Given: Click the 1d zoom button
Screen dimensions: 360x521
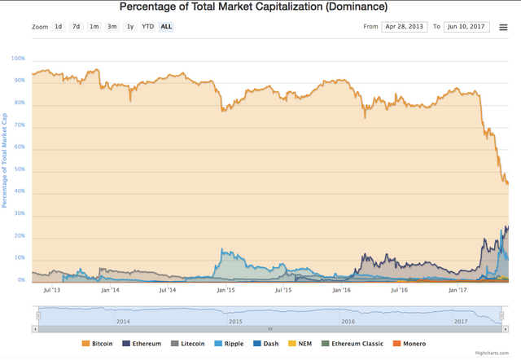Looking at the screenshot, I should [x=59, y=27].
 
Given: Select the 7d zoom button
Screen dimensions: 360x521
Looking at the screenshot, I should [x=76, y=27].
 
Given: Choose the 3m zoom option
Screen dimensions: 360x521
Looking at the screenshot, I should [x=112, y=27].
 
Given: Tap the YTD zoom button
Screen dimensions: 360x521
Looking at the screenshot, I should [x=147, y=27].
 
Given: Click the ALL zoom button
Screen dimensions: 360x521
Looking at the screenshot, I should [x=166, y=27].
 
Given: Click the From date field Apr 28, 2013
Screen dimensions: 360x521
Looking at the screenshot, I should [x=404, y=27].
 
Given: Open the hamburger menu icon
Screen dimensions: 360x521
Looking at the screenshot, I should [x=504, y=27].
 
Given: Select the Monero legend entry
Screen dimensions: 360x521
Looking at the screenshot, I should [x=409, y=344].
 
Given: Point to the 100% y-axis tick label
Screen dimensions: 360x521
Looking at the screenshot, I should [x=18, y=59].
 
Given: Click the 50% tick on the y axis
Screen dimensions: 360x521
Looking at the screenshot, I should [x=20, y=169].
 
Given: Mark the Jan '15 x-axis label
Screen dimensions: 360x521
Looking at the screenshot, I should [x=225, y=289].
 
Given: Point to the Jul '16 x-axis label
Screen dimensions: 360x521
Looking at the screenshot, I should [x=400, y=289].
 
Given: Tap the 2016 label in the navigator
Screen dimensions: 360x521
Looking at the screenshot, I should [x=348, y=322].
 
